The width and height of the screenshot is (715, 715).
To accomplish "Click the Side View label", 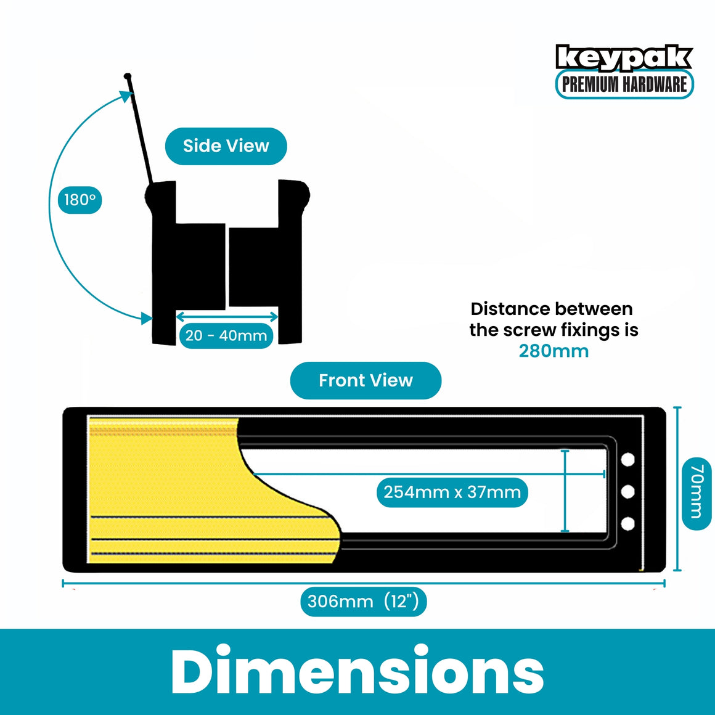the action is pyautogui.click(x=226, y=146).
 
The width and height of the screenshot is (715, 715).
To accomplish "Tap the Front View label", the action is pyautogui.click(x=366, y=380).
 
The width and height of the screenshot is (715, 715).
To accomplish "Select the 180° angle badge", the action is pyautogui.click(x=80, y=200).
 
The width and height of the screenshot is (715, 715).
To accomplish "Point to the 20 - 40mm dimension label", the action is pyautogui.click(x=226, y=335).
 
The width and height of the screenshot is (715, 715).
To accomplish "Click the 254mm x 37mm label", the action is pyautogui.click(x=452, y=492).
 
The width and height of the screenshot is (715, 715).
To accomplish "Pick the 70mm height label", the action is pyautogui.click(x=697, y=493).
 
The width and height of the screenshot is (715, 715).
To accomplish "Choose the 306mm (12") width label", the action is pyautogui.click(x=364, y=602).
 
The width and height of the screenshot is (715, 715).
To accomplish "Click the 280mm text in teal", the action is pyautogui.click(x=554, y=351).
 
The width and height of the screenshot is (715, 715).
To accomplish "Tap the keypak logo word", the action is pyautogui.click(x=624, y=58).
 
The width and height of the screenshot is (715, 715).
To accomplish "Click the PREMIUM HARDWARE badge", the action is pyautogui.click(x=624, y=84).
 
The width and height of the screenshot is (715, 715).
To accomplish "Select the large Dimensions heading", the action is pyautogui.click(x=357, y=671).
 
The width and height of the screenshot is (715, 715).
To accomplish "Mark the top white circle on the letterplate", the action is pyautogui.click(x=628, y=460).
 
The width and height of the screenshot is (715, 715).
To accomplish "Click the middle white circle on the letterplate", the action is pyautogui.click(x=628, y=492).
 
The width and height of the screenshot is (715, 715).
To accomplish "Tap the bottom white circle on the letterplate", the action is pyautogui.click(x=628, y=523).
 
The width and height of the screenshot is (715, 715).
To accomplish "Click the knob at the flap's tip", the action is pyautogui.click(x=128, y=76).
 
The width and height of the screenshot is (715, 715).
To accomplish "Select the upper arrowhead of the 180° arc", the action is pyautogui.click(x=127, y=96).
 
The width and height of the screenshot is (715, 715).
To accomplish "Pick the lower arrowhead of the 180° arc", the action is pyautogui.click(x=146, y=318).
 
